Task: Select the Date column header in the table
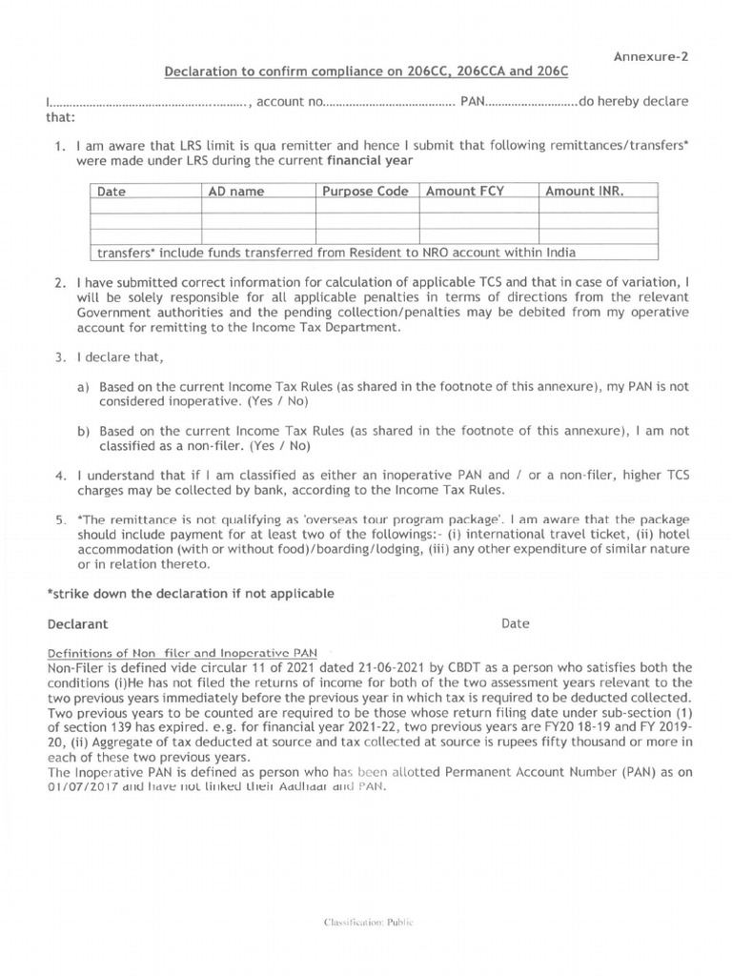(x=112, y=192)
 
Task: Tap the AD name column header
(x=235, y=192)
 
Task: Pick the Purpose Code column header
(x=365, y=192)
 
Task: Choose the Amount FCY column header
(x=465, y=192)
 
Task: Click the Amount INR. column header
(x=584, y=192)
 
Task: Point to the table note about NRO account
(x=334, y=253)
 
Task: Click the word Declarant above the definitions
(x=77, y=624)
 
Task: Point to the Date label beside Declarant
(x=515, y=624)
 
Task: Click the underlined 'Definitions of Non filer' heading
(x=183, y=653)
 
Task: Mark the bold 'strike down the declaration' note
(x=191, y=594)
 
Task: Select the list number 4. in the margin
(x=59, y=475)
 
